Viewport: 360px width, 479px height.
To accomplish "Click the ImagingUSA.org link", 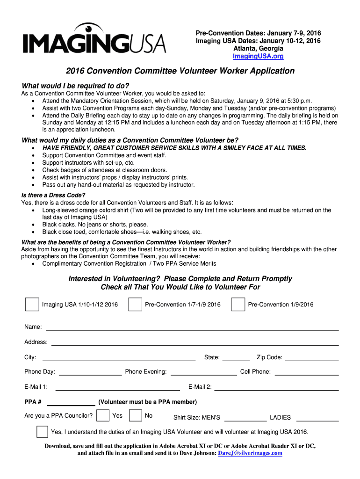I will pyautogui.click(x=258, y=56).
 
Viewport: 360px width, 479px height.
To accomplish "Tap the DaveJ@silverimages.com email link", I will pyautogui.click(x=250, y=453).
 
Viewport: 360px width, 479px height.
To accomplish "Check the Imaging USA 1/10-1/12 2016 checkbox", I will pyautogui.click(x=32, y=305).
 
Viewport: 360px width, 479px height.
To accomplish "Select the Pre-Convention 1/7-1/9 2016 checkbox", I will pyautogui.click(x=135, y=305).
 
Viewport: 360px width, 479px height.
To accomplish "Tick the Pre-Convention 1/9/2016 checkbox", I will pyautogui.click(x=238, y=305).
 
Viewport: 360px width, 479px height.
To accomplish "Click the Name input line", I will pyautogui.click(x=192, y=327).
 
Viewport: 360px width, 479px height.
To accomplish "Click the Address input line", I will pyautogui.click(x=194, y=342).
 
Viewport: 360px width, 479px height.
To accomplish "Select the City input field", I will pyautogui.click(x=119, y=358).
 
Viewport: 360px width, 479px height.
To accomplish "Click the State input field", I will pyautogui.click(x=236, y=358).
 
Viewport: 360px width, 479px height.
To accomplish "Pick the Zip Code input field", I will pyautogui.click(x=312, y=358).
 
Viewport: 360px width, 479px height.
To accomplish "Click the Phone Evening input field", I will pyautogui.click(x=204, y=372).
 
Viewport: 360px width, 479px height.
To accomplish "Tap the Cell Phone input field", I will pyautogui.click(x=307, y=372).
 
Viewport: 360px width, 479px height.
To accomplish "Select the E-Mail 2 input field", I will pyautogui.click(x=276, y=387).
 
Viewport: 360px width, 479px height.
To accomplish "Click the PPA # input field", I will pyautogui.click(x=71, y=403).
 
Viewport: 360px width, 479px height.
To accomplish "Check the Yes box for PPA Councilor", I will pyautogui.click(x=104, y=416).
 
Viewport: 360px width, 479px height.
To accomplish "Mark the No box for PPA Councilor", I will pyautogui.click(x=136, y=416).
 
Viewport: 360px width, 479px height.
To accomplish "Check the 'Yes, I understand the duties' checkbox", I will pyautogui.click(x=42, y=432).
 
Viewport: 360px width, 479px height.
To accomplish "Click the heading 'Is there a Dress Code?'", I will pyautogui.click(x=54, y=195).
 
